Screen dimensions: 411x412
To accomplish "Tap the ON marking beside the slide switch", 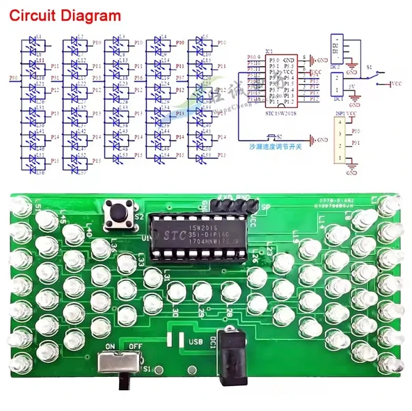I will (x=109, y=345).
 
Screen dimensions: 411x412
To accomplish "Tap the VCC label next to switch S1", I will (x=396, y=84).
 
